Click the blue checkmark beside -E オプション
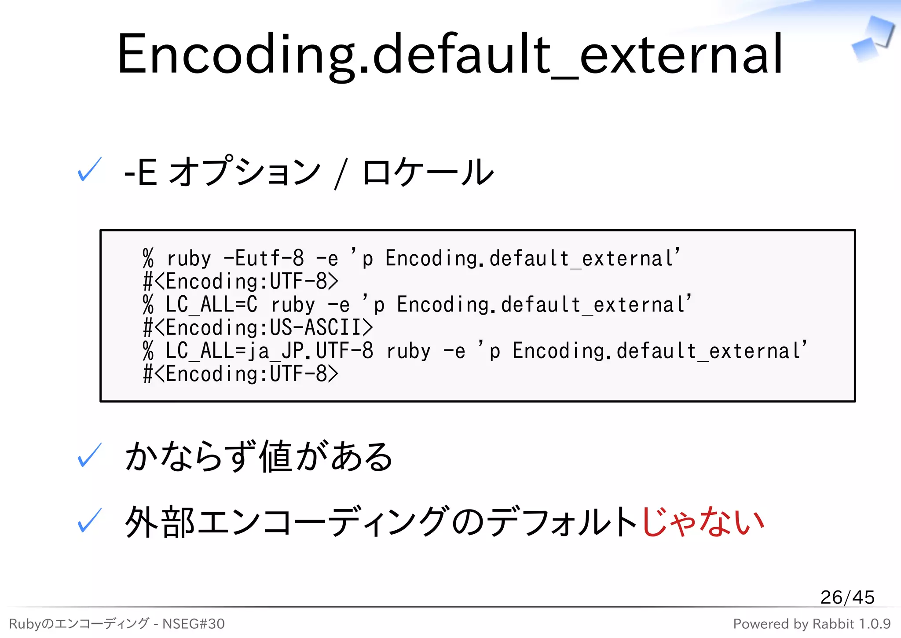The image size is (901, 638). [89, 170]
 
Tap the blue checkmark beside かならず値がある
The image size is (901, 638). [89, 455]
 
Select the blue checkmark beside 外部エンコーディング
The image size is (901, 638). [89, 521]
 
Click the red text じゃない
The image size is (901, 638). [703, 521]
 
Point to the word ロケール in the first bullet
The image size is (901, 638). [428, 172]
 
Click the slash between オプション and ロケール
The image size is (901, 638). [341, 174]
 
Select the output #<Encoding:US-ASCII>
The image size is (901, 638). [258, 328]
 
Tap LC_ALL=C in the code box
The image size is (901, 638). [211, 304]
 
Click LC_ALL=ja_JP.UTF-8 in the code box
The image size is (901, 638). [269, 351]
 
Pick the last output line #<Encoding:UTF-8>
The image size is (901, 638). [241, 374]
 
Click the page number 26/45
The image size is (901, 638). [847, 597]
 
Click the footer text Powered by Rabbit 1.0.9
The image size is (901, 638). [811, 623]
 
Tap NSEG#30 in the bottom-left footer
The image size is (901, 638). [194, 623]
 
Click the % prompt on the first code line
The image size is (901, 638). [148, 258]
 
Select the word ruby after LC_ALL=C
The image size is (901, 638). [293, 304]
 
